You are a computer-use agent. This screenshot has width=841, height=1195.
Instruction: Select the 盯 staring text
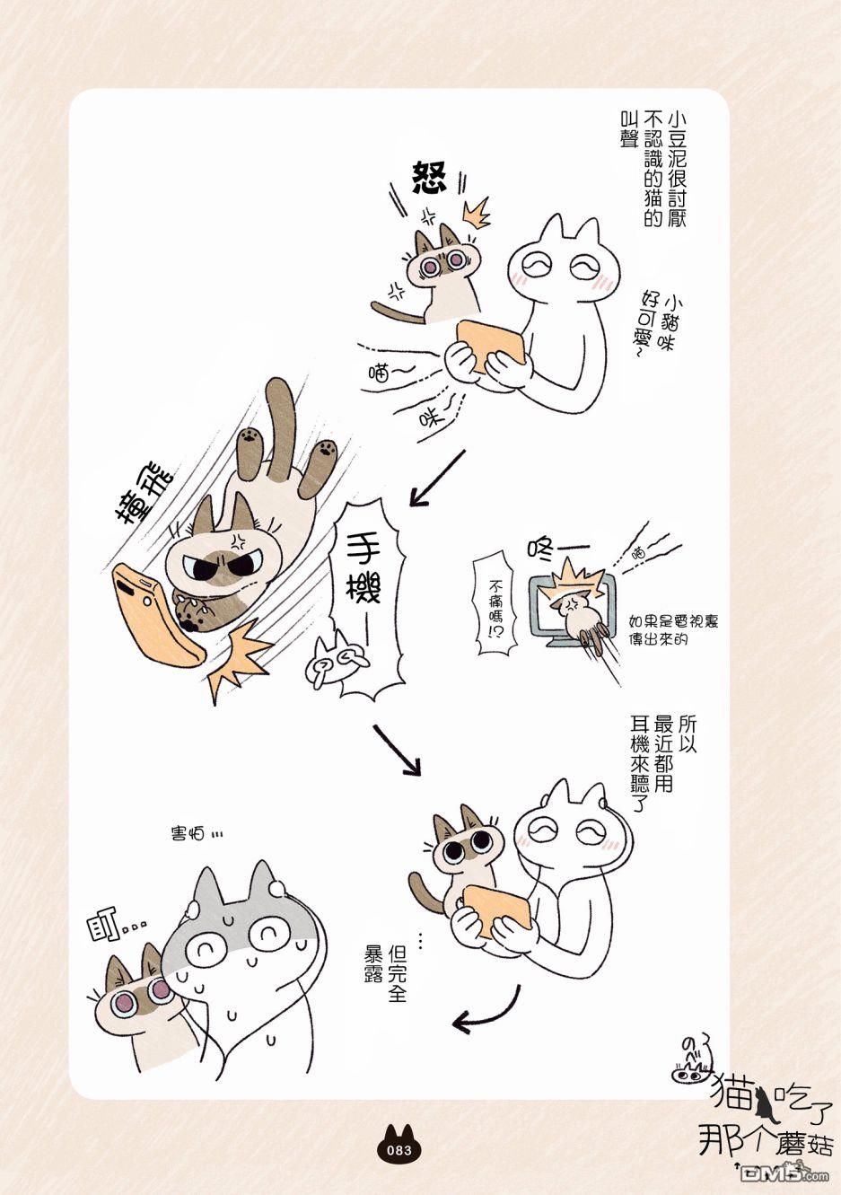click(115, 932)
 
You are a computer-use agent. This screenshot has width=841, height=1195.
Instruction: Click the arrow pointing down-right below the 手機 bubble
click(398, 750)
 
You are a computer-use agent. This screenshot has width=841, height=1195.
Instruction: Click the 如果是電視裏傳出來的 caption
click(673, 629)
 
